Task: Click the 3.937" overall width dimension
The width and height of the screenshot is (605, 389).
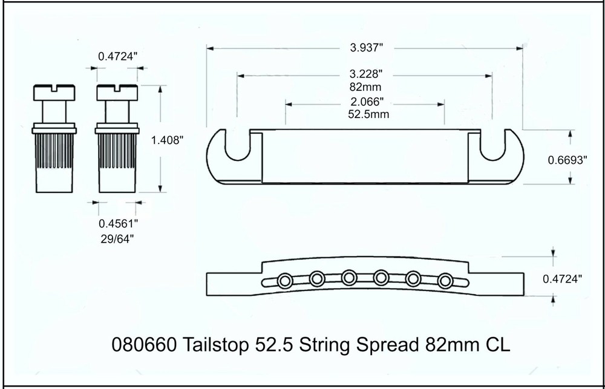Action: [x=364, y=48]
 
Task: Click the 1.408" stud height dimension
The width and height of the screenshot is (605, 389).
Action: [x=167, y=140]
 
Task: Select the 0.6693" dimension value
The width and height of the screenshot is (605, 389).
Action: [x=567, y=160]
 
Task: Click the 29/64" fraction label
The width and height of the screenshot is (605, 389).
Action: [x=117, y=238]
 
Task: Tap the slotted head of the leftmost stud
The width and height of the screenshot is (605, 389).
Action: [x=53, y=93]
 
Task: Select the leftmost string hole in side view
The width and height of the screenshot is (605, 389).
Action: [x=285, y=280]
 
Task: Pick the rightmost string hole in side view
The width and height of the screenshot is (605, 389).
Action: [x=445, y=280]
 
